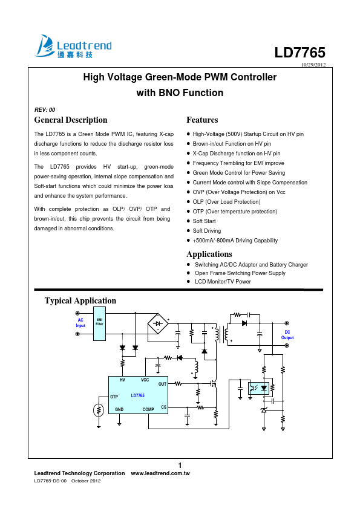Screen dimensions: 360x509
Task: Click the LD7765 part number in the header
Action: tap(299, 53)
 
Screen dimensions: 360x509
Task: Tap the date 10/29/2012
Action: tap(313, 64)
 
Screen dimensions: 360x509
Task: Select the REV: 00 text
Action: tap(45, 110)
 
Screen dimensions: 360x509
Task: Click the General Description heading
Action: tap(71, 120)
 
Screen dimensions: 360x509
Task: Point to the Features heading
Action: tap(202, 120)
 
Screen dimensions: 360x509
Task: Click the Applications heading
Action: tap(209, 254)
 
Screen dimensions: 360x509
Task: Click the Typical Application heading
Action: tap(80, 300)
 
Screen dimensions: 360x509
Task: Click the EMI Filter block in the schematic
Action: tap(99, 323)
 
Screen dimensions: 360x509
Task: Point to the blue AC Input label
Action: tap(80, 323)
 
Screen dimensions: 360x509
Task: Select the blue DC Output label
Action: tap(287, 335)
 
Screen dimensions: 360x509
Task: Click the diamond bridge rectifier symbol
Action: tap(158, 323)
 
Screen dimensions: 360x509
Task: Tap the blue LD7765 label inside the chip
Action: tap(138, 395)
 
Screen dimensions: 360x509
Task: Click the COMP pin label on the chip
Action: tap(148, 409)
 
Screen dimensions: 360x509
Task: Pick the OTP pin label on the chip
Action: tap(114, 397)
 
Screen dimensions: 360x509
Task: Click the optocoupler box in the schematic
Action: tap(258, 388)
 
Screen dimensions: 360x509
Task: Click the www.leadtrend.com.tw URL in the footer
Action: tap(160, 473)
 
